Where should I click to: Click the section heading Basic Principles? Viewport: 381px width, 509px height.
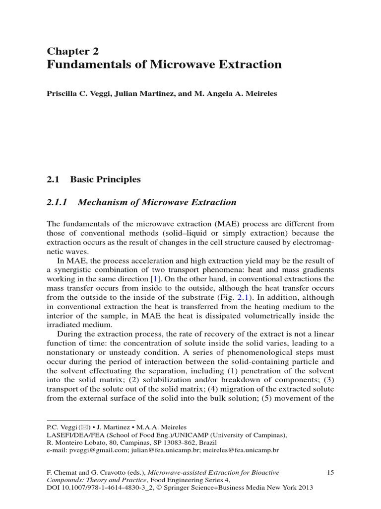pos(105,179)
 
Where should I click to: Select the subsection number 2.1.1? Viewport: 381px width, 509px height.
pos(60,202)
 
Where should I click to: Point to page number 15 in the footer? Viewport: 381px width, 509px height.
pos(330,472)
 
